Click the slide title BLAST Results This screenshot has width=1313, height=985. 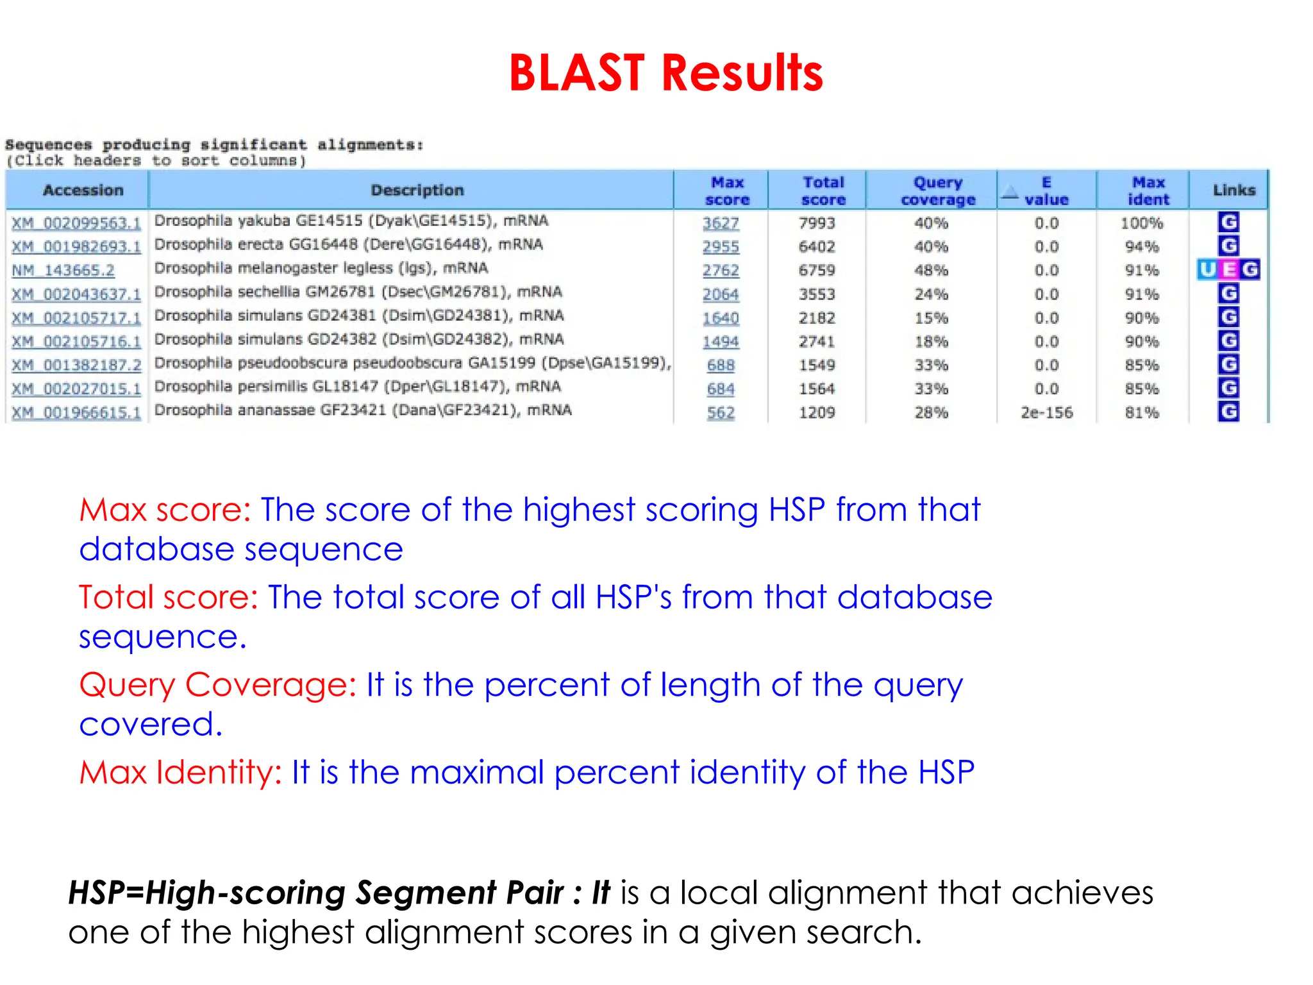665,73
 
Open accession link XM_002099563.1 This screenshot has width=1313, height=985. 76,223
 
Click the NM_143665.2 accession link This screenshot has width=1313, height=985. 63,271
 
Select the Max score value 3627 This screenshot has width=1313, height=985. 721,223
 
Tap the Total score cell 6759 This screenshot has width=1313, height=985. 817,271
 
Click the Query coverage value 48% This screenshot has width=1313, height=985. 931,271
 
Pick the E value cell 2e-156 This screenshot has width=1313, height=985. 1046,412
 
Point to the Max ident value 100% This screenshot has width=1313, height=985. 1141,223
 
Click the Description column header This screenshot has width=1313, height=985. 417,190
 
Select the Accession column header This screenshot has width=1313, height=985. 83,190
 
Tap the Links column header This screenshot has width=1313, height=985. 1234,190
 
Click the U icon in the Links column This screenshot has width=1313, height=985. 1207,270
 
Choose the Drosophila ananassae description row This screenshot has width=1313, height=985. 363,410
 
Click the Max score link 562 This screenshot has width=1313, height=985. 721,412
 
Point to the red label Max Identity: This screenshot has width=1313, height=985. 180,772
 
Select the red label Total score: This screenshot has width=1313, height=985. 168,598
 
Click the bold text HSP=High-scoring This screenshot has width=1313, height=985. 206,893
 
